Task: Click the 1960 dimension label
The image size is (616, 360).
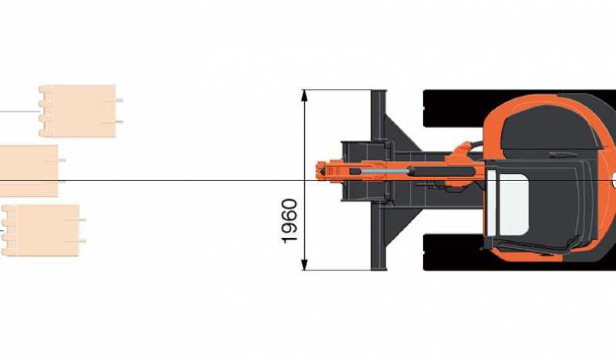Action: pos(289,221)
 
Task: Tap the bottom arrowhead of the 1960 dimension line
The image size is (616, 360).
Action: pos(304,264)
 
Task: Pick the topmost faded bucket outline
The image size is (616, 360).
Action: pos(78,110)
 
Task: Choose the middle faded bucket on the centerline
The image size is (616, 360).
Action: pos(29,171)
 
